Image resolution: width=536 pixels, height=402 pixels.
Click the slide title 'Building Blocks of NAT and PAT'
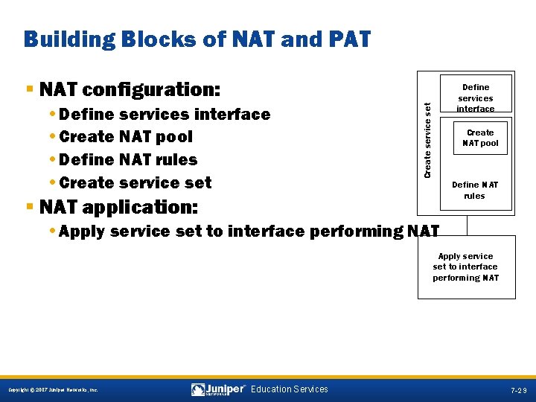pos(197,39)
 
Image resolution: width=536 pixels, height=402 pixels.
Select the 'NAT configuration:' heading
pos(130,90)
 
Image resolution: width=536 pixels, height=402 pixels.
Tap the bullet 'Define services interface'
pos(164,114)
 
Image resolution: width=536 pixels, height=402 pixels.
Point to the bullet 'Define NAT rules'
pos(127,160)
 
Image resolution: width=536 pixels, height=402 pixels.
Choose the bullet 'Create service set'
pos(135,182)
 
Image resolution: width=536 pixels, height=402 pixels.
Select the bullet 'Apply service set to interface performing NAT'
pos(249,232)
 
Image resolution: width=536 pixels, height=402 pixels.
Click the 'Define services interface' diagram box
pos(475,98)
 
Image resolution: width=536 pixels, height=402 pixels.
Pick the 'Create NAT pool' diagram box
pos(480,138)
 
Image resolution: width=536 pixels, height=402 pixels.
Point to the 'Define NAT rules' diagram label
pos(474,191)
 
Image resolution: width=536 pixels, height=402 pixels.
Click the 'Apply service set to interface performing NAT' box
pos(466,267)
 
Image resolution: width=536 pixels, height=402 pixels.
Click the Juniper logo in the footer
pos(218,389)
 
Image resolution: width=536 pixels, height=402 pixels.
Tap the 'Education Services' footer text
pos(289,389)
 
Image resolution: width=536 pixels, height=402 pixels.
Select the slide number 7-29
pos(519,390)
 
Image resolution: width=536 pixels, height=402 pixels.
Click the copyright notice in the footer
pos(52,390)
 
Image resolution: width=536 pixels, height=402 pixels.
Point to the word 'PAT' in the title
pos(345,39)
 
